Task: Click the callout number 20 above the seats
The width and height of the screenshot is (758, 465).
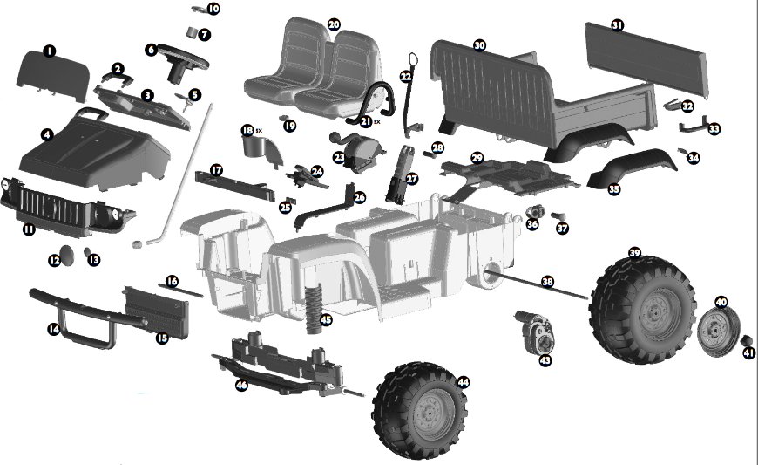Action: [x=334, y=24]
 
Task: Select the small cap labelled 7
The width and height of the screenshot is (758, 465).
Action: [x=193, y=33]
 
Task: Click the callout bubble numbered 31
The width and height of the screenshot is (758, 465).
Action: [x=618, y=24]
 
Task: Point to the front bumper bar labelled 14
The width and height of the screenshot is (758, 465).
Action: [x=87, y=316]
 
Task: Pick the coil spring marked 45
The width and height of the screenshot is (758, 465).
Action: [x=314, y=309]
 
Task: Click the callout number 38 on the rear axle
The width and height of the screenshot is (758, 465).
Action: [x=547, y=281]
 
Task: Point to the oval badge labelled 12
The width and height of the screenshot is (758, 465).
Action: [x=68, y=255]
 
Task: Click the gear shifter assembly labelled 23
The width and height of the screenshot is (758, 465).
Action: [x=358, y=150]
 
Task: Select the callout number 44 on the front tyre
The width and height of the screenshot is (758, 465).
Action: [x=464, y=382]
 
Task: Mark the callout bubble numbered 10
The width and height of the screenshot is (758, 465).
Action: [x=213, y=8]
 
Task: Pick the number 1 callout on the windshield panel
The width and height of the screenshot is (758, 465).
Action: [x=50, y=51]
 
